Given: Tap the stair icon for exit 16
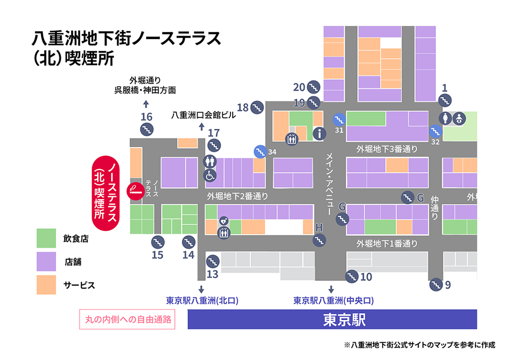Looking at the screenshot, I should point(147,129).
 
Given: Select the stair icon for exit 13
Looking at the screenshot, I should point(212,262).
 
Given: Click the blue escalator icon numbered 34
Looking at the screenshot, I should point(260,151).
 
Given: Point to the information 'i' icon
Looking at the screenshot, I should point(320,134).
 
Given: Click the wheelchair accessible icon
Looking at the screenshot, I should point(210,175).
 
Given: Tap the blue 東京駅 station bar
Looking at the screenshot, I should point(332,320).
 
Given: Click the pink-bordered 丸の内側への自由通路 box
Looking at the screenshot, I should point(127,320).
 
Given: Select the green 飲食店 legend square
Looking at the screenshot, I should point(46,238).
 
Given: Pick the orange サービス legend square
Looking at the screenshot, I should point(46,285).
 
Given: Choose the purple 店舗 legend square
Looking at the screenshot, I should point(46,262).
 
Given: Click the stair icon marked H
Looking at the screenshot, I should point(319,240).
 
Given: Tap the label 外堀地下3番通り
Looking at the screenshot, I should point(386,149).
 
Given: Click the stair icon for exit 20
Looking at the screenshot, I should point(314,87).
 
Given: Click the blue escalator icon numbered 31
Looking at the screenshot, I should point(338,120).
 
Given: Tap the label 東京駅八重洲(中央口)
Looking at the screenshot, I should point(333,300).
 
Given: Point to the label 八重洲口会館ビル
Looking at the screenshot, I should point(204,115).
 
